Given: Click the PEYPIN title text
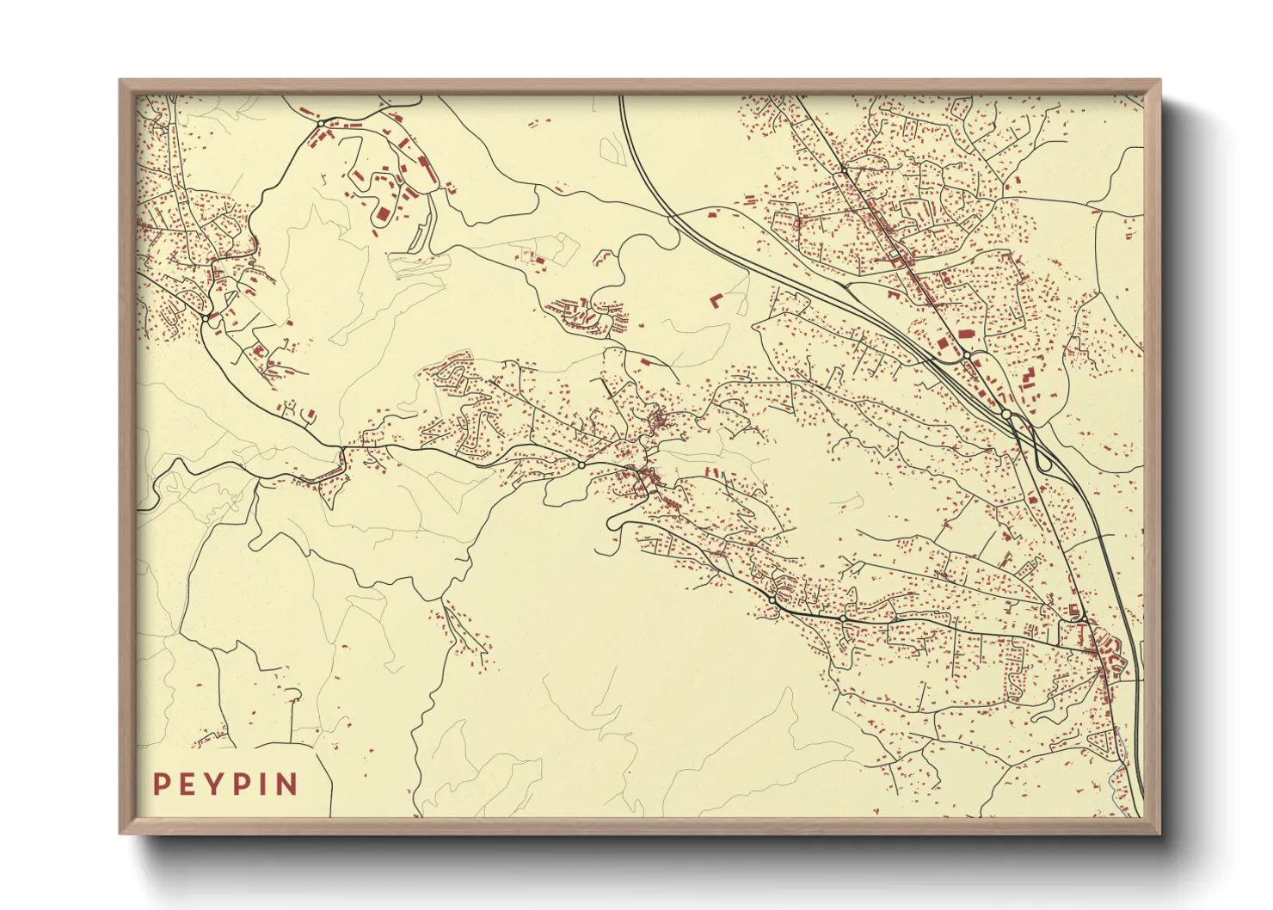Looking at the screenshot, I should click(225, 784).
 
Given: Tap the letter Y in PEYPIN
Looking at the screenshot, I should click(209, 784).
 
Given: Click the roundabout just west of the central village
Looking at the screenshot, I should click(581, 465).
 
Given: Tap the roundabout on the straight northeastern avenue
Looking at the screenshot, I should click(967, 354).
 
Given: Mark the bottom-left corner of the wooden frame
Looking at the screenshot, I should click(121, 832).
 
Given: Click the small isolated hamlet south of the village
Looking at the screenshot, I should click(464, 636).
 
